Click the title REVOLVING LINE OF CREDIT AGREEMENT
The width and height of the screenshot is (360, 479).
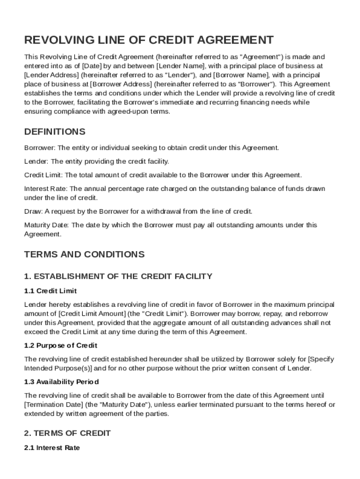(x=149, y=40)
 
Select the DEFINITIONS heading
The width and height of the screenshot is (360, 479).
(x=55, y=131)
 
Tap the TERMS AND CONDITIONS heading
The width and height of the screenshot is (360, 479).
(x=84, y=254)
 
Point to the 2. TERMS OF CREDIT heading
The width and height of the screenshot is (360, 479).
(x=67, y=433)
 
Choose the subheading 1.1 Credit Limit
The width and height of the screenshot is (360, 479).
(x=50, y=291)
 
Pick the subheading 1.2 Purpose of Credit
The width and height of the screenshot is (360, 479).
(x=61, y=345)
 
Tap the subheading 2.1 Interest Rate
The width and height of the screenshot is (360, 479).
(x=52, y=448)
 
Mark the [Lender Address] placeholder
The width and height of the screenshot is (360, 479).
(x=51, y=75)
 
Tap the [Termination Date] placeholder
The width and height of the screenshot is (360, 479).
(x=53, y=405)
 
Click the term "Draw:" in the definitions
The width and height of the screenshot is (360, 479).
(x=32, y=211)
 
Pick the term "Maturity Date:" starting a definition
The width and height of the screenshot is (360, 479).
(x=46, y=225)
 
